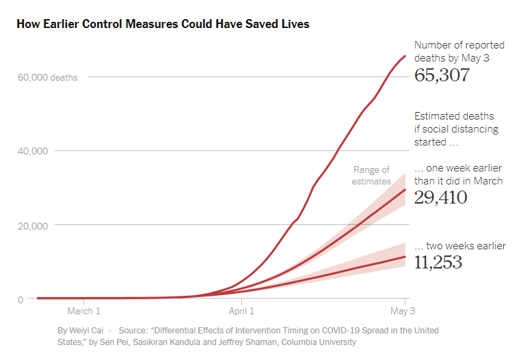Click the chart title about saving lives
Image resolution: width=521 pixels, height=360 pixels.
coord(163,25)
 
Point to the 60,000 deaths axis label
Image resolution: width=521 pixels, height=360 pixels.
coord(47,77)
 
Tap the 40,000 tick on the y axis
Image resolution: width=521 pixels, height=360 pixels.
coord(34,151)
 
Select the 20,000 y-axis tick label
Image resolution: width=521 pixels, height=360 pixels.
coord(34,225)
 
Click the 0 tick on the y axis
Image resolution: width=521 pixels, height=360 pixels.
coord(21,299)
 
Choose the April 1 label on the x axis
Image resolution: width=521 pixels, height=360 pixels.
coord(241,311)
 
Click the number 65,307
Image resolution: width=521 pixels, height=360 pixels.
coord(442,74)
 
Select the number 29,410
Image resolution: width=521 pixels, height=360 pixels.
coord(440,198)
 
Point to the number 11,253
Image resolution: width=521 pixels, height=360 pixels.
coord(438,262)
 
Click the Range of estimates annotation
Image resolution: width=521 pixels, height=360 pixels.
coord(371,176)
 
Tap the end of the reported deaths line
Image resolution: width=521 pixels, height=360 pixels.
coord(405,56)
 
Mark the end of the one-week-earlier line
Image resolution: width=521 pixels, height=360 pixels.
coord(405,190)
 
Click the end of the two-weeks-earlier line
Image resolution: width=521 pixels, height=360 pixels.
coord(405,257)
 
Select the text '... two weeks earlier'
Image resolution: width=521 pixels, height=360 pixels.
coord(460,246)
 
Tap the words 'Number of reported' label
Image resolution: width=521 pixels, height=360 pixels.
coord(459,45)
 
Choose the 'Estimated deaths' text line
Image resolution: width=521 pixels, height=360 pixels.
coord(454,116)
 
